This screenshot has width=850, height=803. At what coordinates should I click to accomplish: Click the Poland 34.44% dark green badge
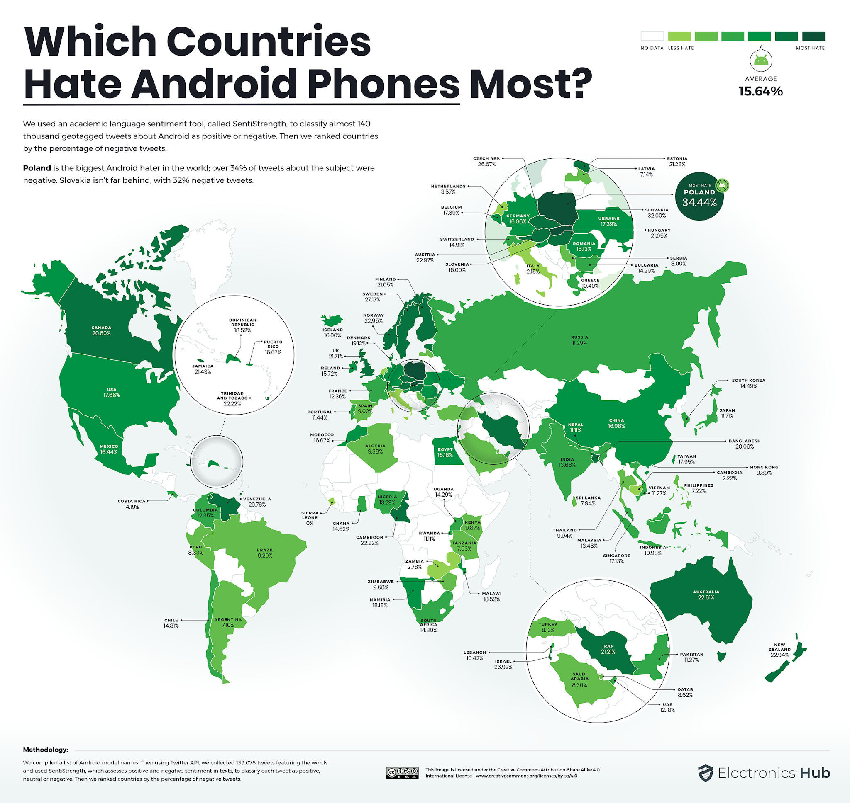[699, 197]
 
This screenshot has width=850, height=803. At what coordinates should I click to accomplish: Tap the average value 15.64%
[760, 91]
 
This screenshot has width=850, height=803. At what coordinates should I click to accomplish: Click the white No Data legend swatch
[652, 36]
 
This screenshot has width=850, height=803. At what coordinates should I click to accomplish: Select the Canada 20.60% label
[101, 330]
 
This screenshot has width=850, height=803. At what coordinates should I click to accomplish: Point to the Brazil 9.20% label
[265, 553]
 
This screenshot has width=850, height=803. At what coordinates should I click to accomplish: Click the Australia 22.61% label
[706, 594]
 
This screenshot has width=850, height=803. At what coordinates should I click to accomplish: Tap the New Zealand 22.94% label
[779, 650]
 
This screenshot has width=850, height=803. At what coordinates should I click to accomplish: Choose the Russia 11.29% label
[579, 340]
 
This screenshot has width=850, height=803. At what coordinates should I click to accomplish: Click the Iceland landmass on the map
[332, 320]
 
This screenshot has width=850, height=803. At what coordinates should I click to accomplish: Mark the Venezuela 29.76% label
[257, 502]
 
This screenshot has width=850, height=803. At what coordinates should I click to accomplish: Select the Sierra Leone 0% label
[310, 517]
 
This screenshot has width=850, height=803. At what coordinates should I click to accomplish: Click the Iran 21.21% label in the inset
[608, 649]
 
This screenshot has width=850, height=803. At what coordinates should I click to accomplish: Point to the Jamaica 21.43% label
[203, 369]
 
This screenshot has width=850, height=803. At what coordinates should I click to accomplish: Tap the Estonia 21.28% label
[677, 161]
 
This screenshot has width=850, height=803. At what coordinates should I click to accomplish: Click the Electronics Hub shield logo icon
[705, 773]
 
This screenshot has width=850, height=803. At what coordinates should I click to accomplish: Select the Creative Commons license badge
[402, 773]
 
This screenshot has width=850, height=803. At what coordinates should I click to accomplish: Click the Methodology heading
[45, 750]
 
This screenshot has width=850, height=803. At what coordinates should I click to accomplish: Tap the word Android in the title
[213, 83]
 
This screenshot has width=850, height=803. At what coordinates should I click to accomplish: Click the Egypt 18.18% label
[445, 452]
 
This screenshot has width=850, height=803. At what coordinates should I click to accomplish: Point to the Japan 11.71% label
[727, 413]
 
